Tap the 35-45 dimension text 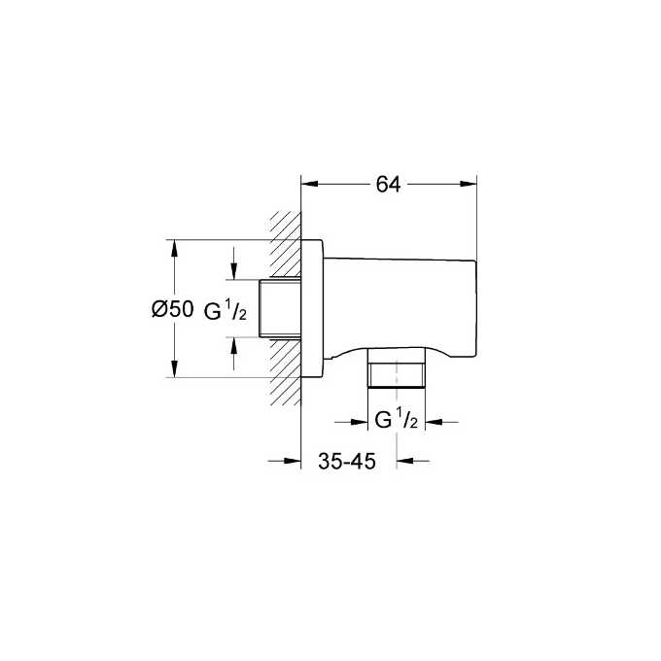(347, 463)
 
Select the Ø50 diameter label (173, 310)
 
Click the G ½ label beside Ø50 (228, 310)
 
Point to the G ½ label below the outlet (396, 421)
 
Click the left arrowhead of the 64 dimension (309, 182)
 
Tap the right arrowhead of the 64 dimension (470, 182)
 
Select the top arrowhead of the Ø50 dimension (175, 248)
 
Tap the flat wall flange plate (311, 308)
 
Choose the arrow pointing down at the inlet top (234, 273)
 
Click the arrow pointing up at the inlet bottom (234, 345)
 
